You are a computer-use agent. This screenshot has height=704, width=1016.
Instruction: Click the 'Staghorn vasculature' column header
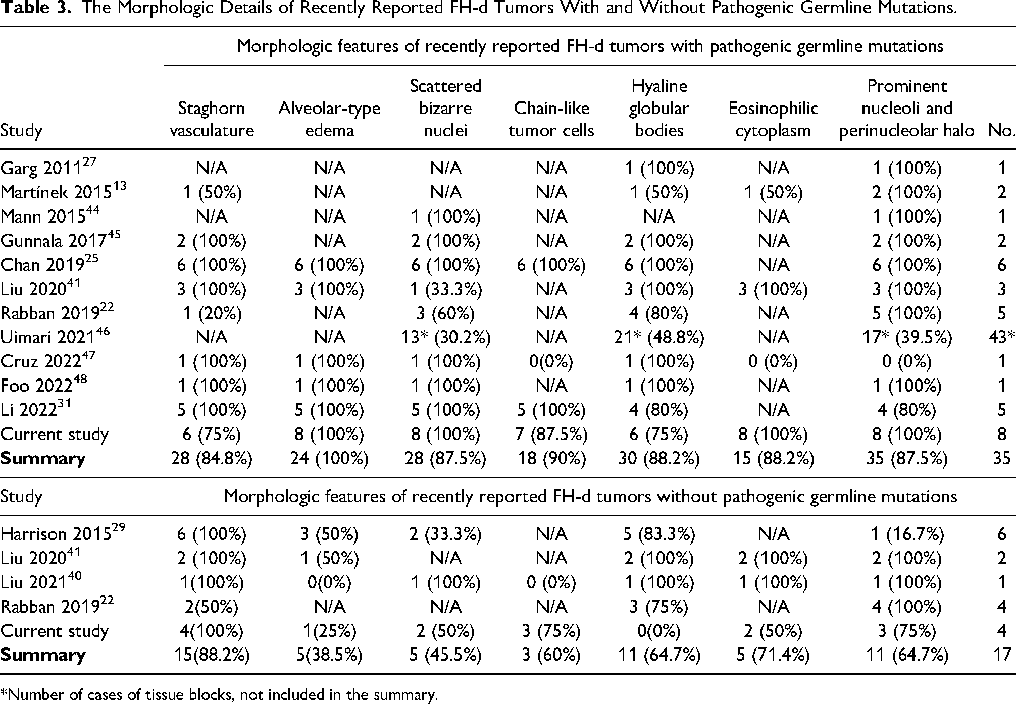[x=212, y=119]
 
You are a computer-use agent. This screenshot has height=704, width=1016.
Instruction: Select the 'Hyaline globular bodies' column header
[x=659, y=108]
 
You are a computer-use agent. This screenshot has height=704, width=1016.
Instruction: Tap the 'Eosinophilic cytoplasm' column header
[x=773, y=119]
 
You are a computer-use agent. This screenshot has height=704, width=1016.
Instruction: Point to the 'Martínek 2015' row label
[x=64, y=191]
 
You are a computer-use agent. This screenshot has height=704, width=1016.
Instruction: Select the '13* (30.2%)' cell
[x=446, y=337]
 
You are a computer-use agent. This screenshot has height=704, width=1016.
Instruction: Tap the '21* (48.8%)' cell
[x=659, y=337]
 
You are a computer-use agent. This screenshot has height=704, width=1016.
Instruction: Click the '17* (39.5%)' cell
[x=906, y=337]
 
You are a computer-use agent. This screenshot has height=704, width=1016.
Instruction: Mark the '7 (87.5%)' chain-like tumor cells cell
[x=551, y=434]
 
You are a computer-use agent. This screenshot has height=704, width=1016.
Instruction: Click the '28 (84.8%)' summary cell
[x=212, y=458]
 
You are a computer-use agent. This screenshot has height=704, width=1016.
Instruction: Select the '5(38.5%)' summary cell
[x=329, y=655]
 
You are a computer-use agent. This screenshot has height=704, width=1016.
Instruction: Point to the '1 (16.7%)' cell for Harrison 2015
[x=906, y=533]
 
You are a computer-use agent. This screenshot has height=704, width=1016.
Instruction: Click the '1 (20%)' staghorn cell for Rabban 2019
[x=212, y=313]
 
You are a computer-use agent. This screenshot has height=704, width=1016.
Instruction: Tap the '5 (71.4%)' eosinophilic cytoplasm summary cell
[x=773, y=655]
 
